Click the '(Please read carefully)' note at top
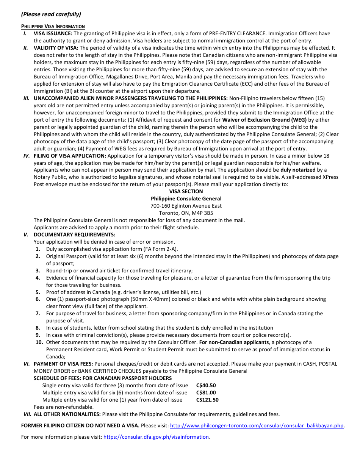coord(51,14)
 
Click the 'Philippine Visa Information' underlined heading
coord(53,27)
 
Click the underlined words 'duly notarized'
coord(298,170)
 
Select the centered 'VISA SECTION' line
coord(186,192)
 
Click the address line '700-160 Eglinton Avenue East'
coord(186,206)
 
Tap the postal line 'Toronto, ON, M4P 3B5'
coord(186,213)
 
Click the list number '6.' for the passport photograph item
coord(38,299)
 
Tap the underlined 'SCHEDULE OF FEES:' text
coord(57,378)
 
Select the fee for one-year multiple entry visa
coord(207,400)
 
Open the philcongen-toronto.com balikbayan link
coord(257,426)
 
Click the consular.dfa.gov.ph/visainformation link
coord(156,437)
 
